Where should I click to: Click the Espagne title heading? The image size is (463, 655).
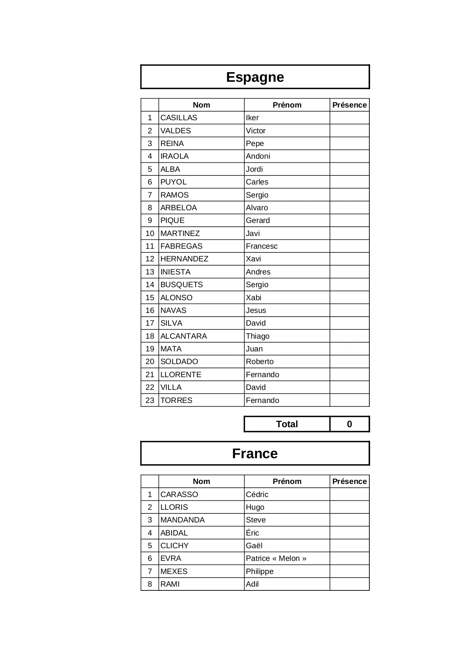click(255, 77)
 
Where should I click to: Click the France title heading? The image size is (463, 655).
click(255, 454)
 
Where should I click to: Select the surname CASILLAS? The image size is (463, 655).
click(179, 118)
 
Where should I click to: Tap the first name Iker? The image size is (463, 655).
click(252, 118)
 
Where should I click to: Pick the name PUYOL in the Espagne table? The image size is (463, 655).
click(173, 182)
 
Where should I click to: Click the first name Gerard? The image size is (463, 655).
click(258, 220)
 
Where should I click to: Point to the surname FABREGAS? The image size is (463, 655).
click(181, 246)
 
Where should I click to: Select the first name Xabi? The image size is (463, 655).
click(254, 298)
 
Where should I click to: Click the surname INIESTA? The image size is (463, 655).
click(175, 272)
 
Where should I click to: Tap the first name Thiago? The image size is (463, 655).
click(258, 336)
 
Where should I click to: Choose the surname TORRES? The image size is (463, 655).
click(176, 400)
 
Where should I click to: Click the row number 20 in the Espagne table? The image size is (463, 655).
click(150, 361)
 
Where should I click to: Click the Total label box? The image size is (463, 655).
click(287, 424)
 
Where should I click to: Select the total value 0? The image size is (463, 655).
click(350, 424)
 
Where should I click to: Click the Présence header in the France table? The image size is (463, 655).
click(350, 481)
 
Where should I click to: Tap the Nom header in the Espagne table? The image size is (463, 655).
click(201, 105)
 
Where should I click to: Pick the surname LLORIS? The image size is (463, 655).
click(174, 507)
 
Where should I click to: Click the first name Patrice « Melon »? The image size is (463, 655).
click(276, 558)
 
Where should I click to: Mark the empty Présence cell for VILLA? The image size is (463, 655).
click(350, 387)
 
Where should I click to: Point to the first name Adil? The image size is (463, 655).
click(252, 584)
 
